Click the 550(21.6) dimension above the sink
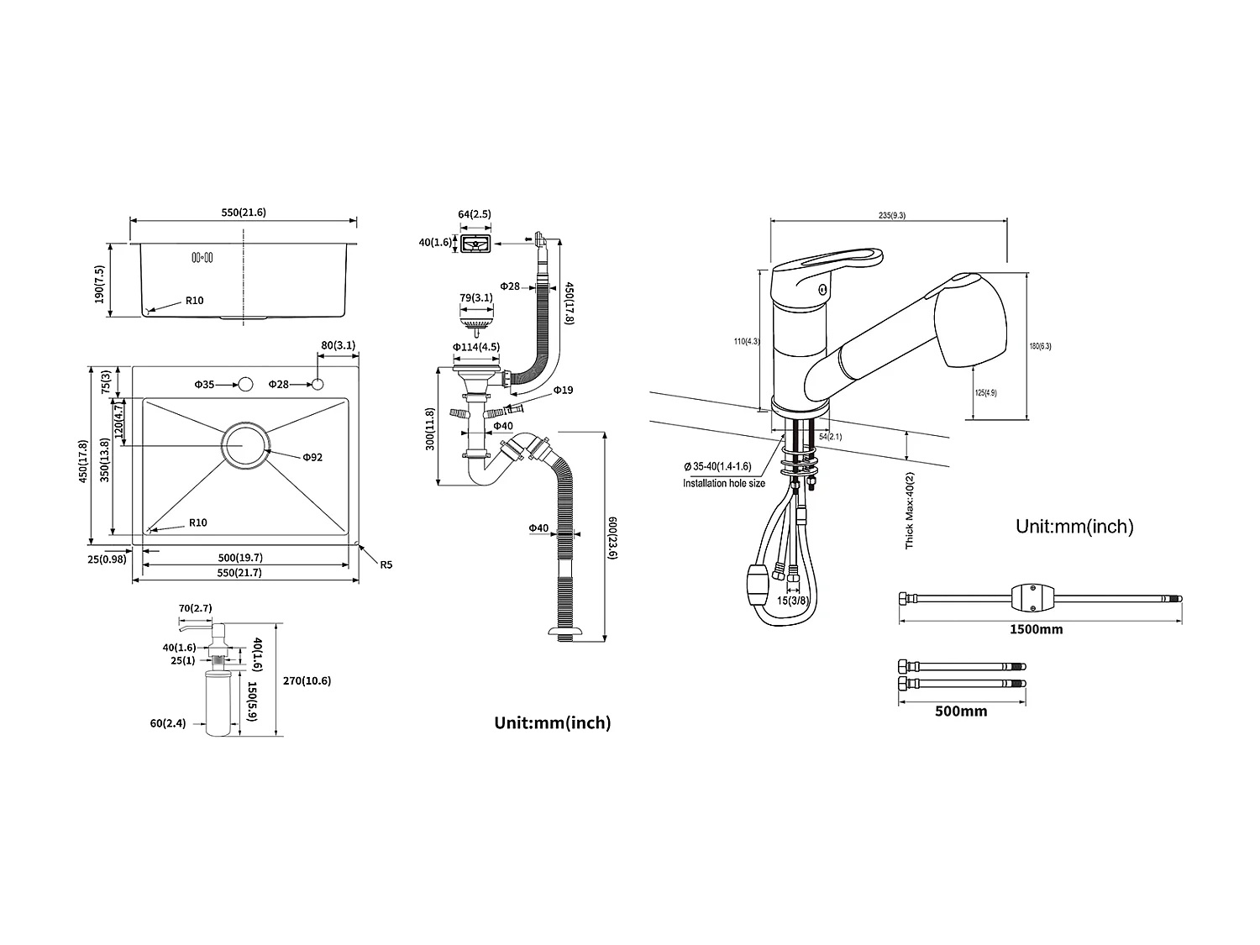click(244, 213)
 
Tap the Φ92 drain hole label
click(312, 457)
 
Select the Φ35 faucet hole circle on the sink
click(245, 385)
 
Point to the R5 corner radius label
click(386, 564)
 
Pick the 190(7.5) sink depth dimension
click(100, 284)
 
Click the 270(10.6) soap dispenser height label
click(307, 681)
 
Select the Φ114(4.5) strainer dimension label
click(476, 347)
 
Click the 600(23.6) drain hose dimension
click(613, 538)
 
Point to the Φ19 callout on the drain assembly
click(563, 390)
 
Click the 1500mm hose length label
click(1037, 629)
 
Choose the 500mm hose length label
click(961, 711)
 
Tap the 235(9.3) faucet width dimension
click(892, 215)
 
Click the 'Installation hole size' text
click(723, 483)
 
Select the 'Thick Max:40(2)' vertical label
click(910, 510)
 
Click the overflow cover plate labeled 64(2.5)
click(475, 244)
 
